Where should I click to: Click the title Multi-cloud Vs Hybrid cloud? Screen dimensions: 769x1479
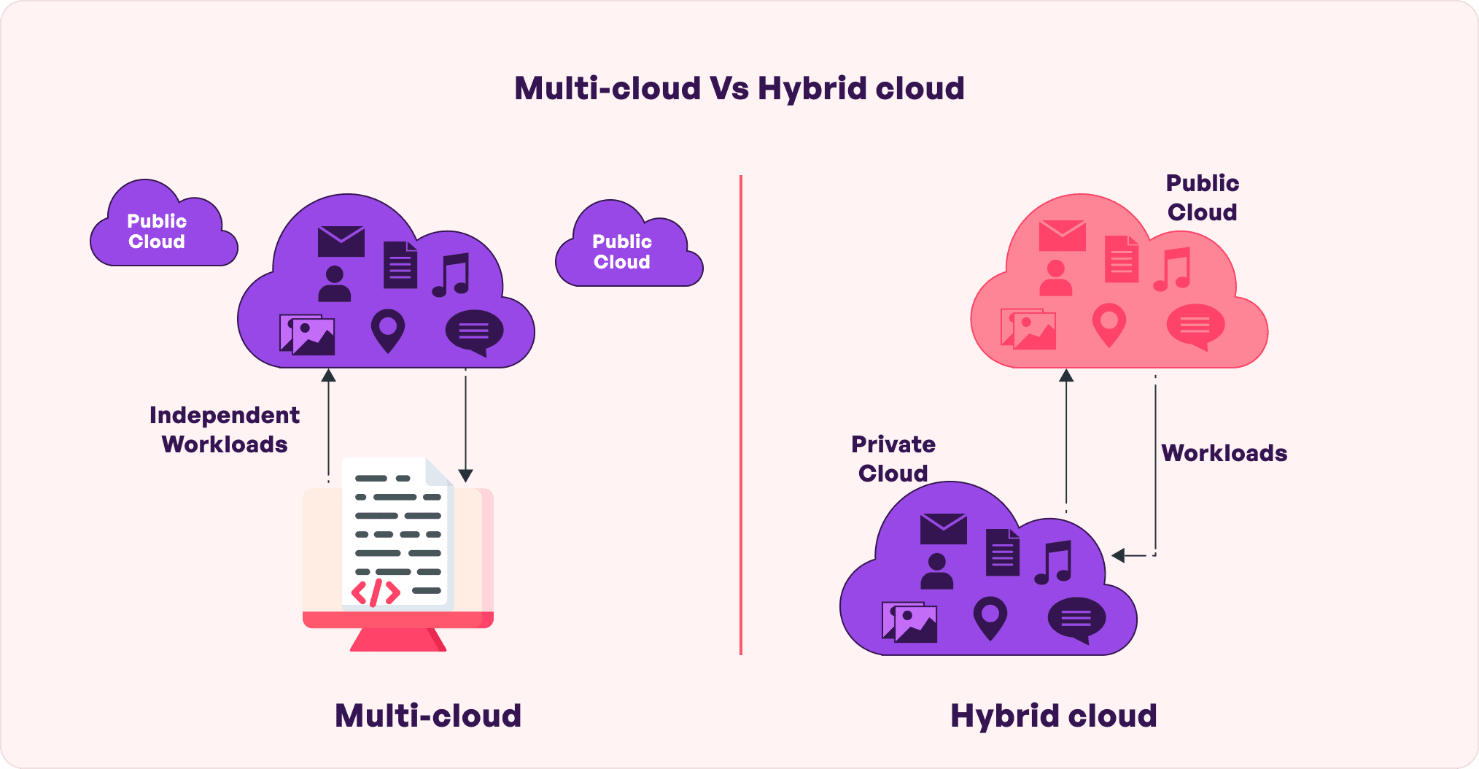pos(739,89)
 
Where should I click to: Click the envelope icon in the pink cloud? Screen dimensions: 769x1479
pos(1062,236)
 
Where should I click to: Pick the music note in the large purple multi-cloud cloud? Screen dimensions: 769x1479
pos(451,275)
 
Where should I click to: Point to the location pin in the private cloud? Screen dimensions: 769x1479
pos(990,617)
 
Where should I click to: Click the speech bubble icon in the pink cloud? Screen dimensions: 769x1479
pos(1195,325)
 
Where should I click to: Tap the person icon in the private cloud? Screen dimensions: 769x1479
pos(936,571)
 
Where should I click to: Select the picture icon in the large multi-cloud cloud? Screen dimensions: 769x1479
pos(307,335)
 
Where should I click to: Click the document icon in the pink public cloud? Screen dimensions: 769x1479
pos(1121,259)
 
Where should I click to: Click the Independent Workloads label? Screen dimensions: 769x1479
pos(225,430)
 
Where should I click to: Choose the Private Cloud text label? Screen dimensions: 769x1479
pos(893,459)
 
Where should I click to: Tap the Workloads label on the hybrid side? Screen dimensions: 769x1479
pos(1224,453)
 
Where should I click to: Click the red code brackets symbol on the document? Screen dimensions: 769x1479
pos(376,592)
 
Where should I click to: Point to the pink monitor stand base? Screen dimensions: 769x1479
pos(397,640)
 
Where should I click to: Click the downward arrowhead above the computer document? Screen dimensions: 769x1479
pos(465,476)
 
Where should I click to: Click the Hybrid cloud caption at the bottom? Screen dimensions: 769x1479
pos(1053,716)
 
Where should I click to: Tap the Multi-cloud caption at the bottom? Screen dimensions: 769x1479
pos(428,716)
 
